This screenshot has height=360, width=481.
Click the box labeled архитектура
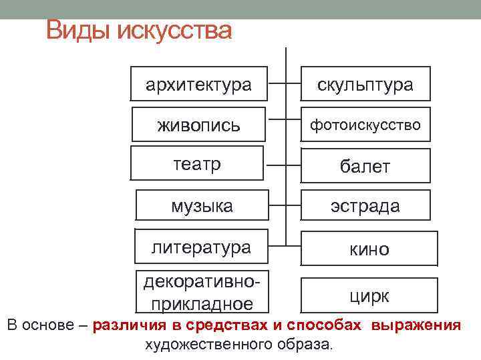click(x=199, y=85)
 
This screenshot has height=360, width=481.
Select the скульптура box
click(x=365, y=85)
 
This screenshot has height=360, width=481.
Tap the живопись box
click(x=198, y=124)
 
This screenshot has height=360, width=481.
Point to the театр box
click(x=196, y=164)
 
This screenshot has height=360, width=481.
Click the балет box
click(x=365, y=165)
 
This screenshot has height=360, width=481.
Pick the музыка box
click(x=202, y=205)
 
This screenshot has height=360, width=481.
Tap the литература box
click(x=201, y=247)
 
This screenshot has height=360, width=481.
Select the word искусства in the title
click(x=174, y=31)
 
